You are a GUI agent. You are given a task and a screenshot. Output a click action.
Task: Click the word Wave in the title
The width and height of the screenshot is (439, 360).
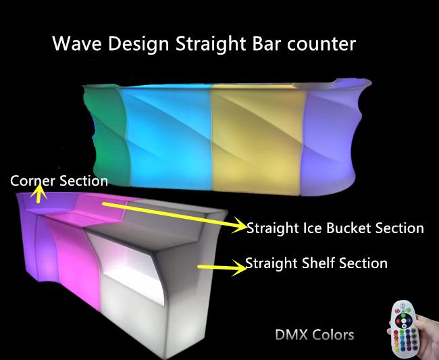click(x=77, y=44)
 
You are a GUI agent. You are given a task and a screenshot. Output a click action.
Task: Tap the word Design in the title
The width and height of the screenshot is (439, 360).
click(x=138, y=45)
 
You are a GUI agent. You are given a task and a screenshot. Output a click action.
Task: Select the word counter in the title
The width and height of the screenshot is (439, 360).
click(x=321, y=44)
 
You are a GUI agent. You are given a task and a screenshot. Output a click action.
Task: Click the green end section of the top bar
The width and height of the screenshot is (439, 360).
click(x=108, y=134)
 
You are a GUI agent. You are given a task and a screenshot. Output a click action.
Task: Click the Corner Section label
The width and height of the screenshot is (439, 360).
click(x=59, y=181)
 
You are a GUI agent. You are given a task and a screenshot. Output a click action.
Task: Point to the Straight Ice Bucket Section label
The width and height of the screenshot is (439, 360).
click(x=335, y=228)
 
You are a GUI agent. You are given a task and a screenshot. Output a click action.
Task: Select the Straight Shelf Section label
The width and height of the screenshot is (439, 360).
click(x=316, y=263)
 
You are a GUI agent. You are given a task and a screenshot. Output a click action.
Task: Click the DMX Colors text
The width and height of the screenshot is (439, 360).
click(x=315, y=335)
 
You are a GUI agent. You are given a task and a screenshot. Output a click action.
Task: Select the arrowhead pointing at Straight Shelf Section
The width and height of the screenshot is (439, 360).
click(x=239, y=267)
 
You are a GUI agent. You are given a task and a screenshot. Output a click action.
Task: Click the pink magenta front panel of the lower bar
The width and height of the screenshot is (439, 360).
click(x=78, y=269)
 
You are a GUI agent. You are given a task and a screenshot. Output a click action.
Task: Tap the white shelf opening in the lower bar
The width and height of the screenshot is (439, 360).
click(x=132, y=269)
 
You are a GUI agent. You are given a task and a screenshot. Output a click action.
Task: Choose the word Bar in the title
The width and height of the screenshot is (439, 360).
click(x=266, y=44)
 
